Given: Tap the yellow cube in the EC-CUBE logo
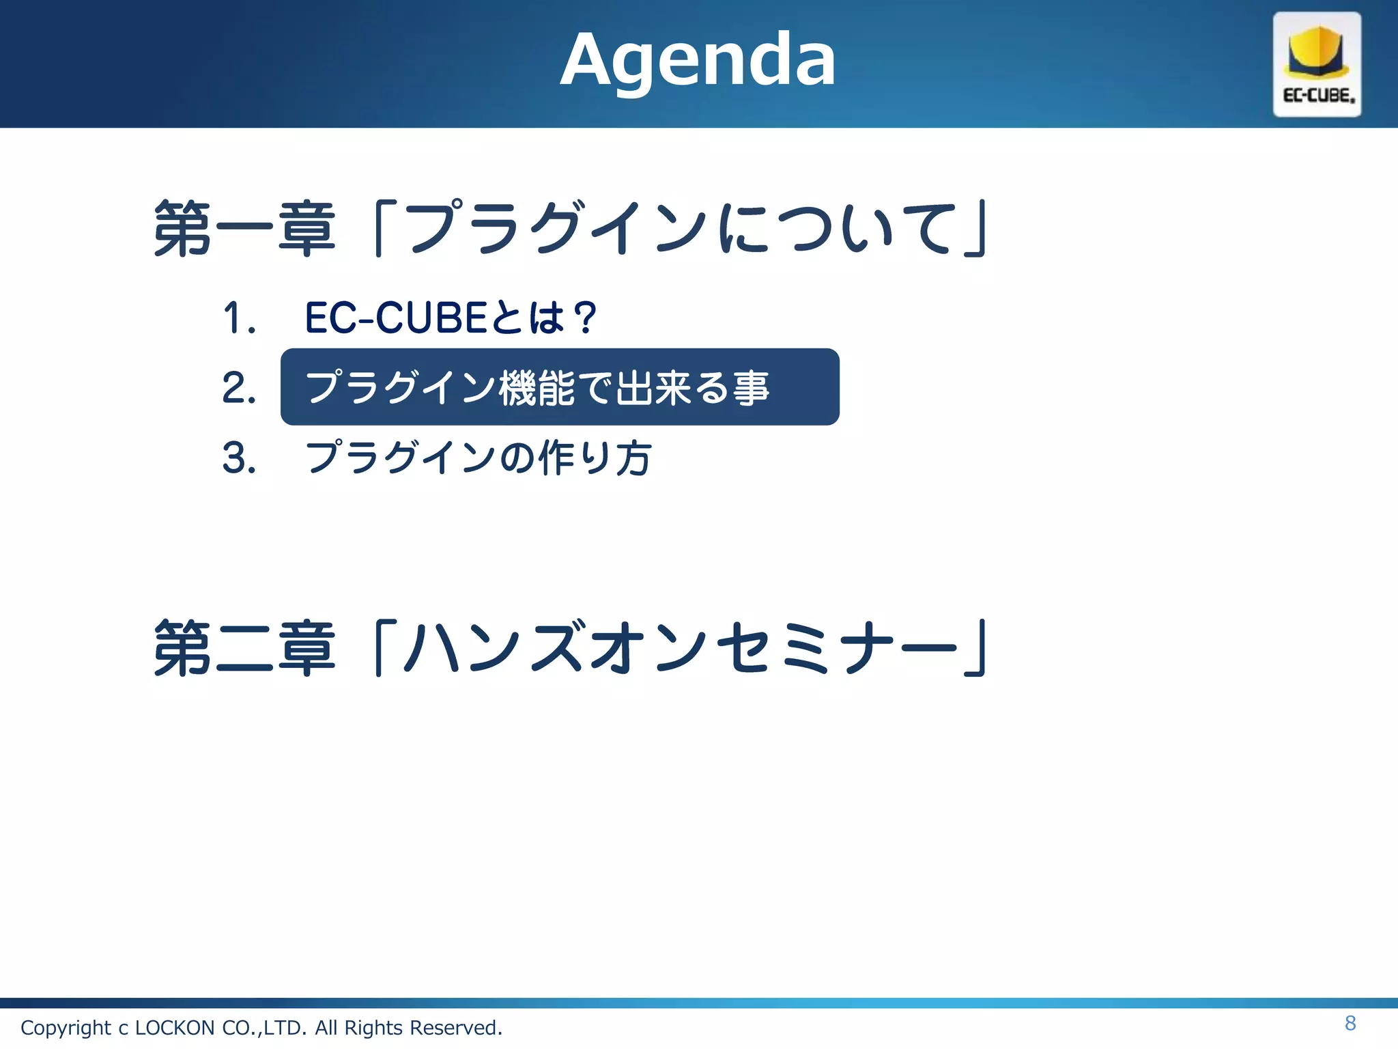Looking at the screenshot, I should [x=1317, y=52].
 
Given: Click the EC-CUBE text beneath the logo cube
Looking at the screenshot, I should [x=1318, y=96].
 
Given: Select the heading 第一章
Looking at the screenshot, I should [x=244, y=229].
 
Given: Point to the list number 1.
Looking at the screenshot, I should [x=239, y=318].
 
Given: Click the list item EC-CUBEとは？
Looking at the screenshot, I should [x=451, y=318].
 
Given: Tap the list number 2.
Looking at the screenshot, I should [x=239, y=388].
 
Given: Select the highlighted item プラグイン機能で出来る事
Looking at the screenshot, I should [x=538, y=388].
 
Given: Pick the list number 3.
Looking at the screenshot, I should [x=239, y=458].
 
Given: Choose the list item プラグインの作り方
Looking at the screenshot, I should [x=478, y=458].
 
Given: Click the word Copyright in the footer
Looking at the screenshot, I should [x=66, y=1028].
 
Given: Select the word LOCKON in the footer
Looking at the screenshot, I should [x=175, y=1028].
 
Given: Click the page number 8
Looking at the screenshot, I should [x=1350, y=1023].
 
